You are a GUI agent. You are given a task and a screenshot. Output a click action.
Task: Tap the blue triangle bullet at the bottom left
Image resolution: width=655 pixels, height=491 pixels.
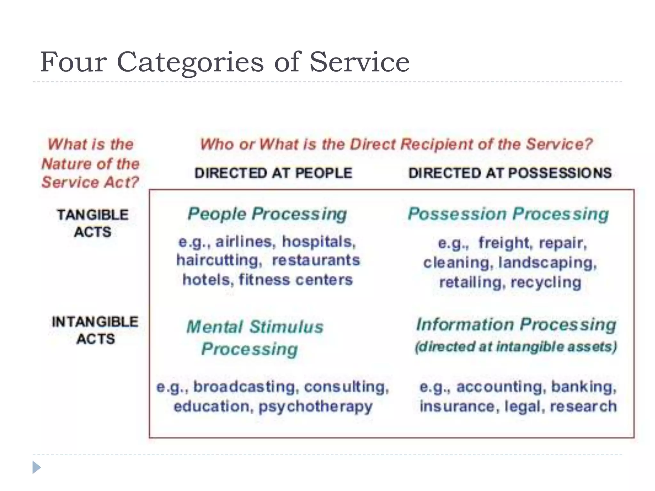point(36,467)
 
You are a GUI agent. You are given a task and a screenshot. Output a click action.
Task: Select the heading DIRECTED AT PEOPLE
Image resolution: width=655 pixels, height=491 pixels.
point(273,173)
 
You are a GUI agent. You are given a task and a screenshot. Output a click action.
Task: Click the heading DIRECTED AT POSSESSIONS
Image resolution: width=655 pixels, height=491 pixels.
point(510,173)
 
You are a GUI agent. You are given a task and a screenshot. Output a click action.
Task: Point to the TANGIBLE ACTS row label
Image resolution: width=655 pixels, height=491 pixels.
point(93,223)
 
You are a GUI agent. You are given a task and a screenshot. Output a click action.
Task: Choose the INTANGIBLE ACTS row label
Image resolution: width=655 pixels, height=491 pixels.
point(95,330)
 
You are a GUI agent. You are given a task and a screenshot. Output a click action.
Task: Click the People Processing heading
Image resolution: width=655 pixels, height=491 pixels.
point(267,214)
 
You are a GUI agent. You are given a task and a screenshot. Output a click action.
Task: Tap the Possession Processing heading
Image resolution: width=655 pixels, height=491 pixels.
point(508,214)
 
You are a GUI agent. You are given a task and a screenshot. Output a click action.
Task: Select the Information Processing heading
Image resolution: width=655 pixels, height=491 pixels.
point(516,324)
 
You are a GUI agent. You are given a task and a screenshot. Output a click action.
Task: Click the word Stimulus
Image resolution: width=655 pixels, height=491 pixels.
point(286,327)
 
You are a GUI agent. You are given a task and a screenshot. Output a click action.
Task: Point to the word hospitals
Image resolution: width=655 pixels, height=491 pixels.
point(319,242)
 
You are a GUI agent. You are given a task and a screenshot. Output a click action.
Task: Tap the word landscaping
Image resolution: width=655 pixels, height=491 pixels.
point(548,263)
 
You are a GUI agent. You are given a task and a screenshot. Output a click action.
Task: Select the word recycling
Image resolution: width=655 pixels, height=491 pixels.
point(546,283)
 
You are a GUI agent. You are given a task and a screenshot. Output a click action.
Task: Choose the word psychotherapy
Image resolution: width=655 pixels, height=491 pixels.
point(315,407)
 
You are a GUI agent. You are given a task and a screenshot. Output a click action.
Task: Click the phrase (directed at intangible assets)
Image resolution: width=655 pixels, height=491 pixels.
point(516,347)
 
